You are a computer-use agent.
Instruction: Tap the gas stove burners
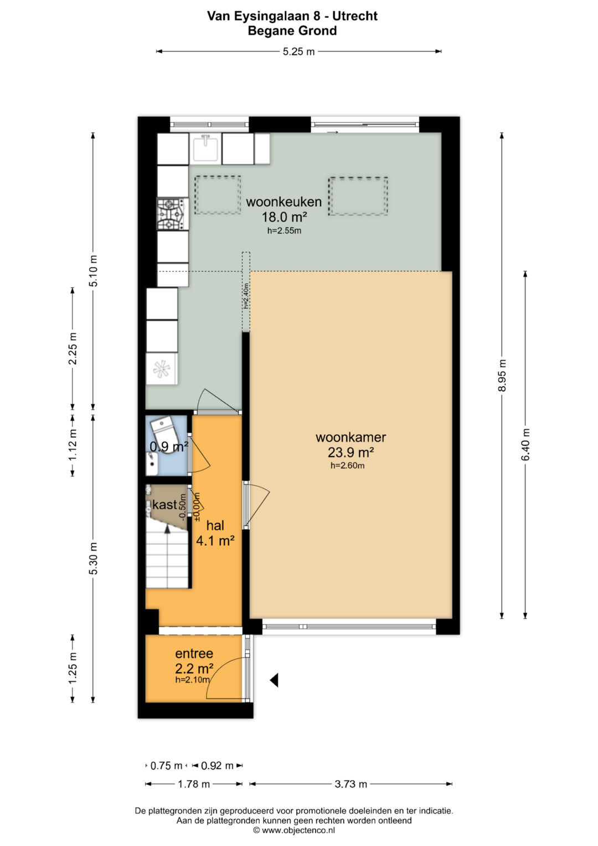click(173, 214)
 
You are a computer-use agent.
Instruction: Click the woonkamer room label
click(350, 437)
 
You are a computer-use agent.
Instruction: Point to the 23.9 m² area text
click(350, 452)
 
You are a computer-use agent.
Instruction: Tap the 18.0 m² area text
click(284, 217)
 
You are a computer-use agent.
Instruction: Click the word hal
click(215, 525)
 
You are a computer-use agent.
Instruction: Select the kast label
click(164, 505)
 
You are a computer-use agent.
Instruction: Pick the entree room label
click(194, 653)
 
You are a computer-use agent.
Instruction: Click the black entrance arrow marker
click(274, 680)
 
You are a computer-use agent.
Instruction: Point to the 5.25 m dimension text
click(298, 52)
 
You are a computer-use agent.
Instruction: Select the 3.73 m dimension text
click(350, 784)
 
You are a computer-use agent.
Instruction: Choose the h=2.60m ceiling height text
click(348, 466)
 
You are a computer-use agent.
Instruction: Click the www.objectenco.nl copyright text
click(294, 830)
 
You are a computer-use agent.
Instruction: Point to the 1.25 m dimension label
click(73, 668)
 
